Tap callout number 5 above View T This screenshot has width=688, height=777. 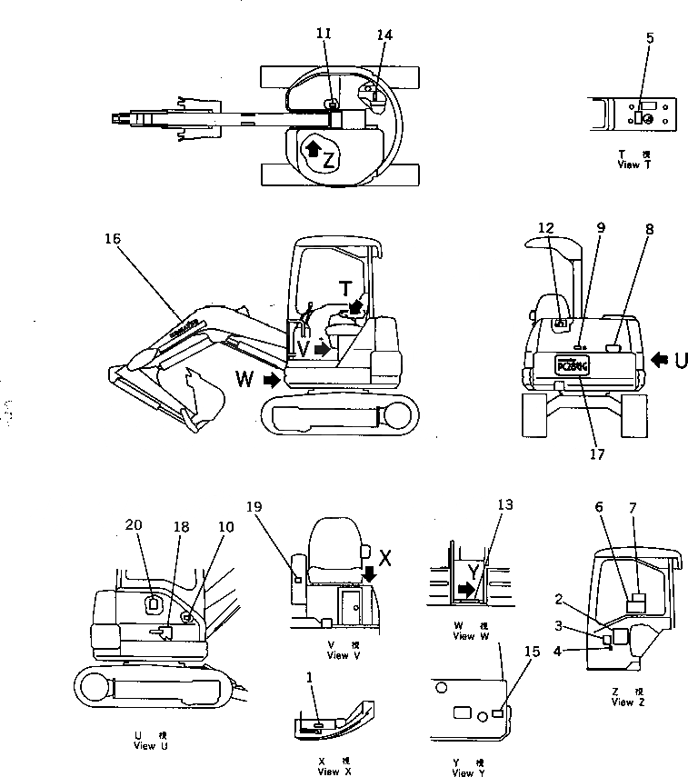(649, 38)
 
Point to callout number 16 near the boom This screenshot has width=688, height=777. (113, 238)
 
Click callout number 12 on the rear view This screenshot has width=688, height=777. (545, 226)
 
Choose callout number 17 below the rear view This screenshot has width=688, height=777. (596, 454)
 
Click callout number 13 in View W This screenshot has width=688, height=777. (505, 504)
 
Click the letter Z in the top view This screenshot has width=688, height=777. (329, 162)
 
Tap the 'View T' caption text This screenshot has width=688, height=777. (633, 164)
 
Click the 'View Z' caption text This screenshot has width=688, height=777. (628, 702)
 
